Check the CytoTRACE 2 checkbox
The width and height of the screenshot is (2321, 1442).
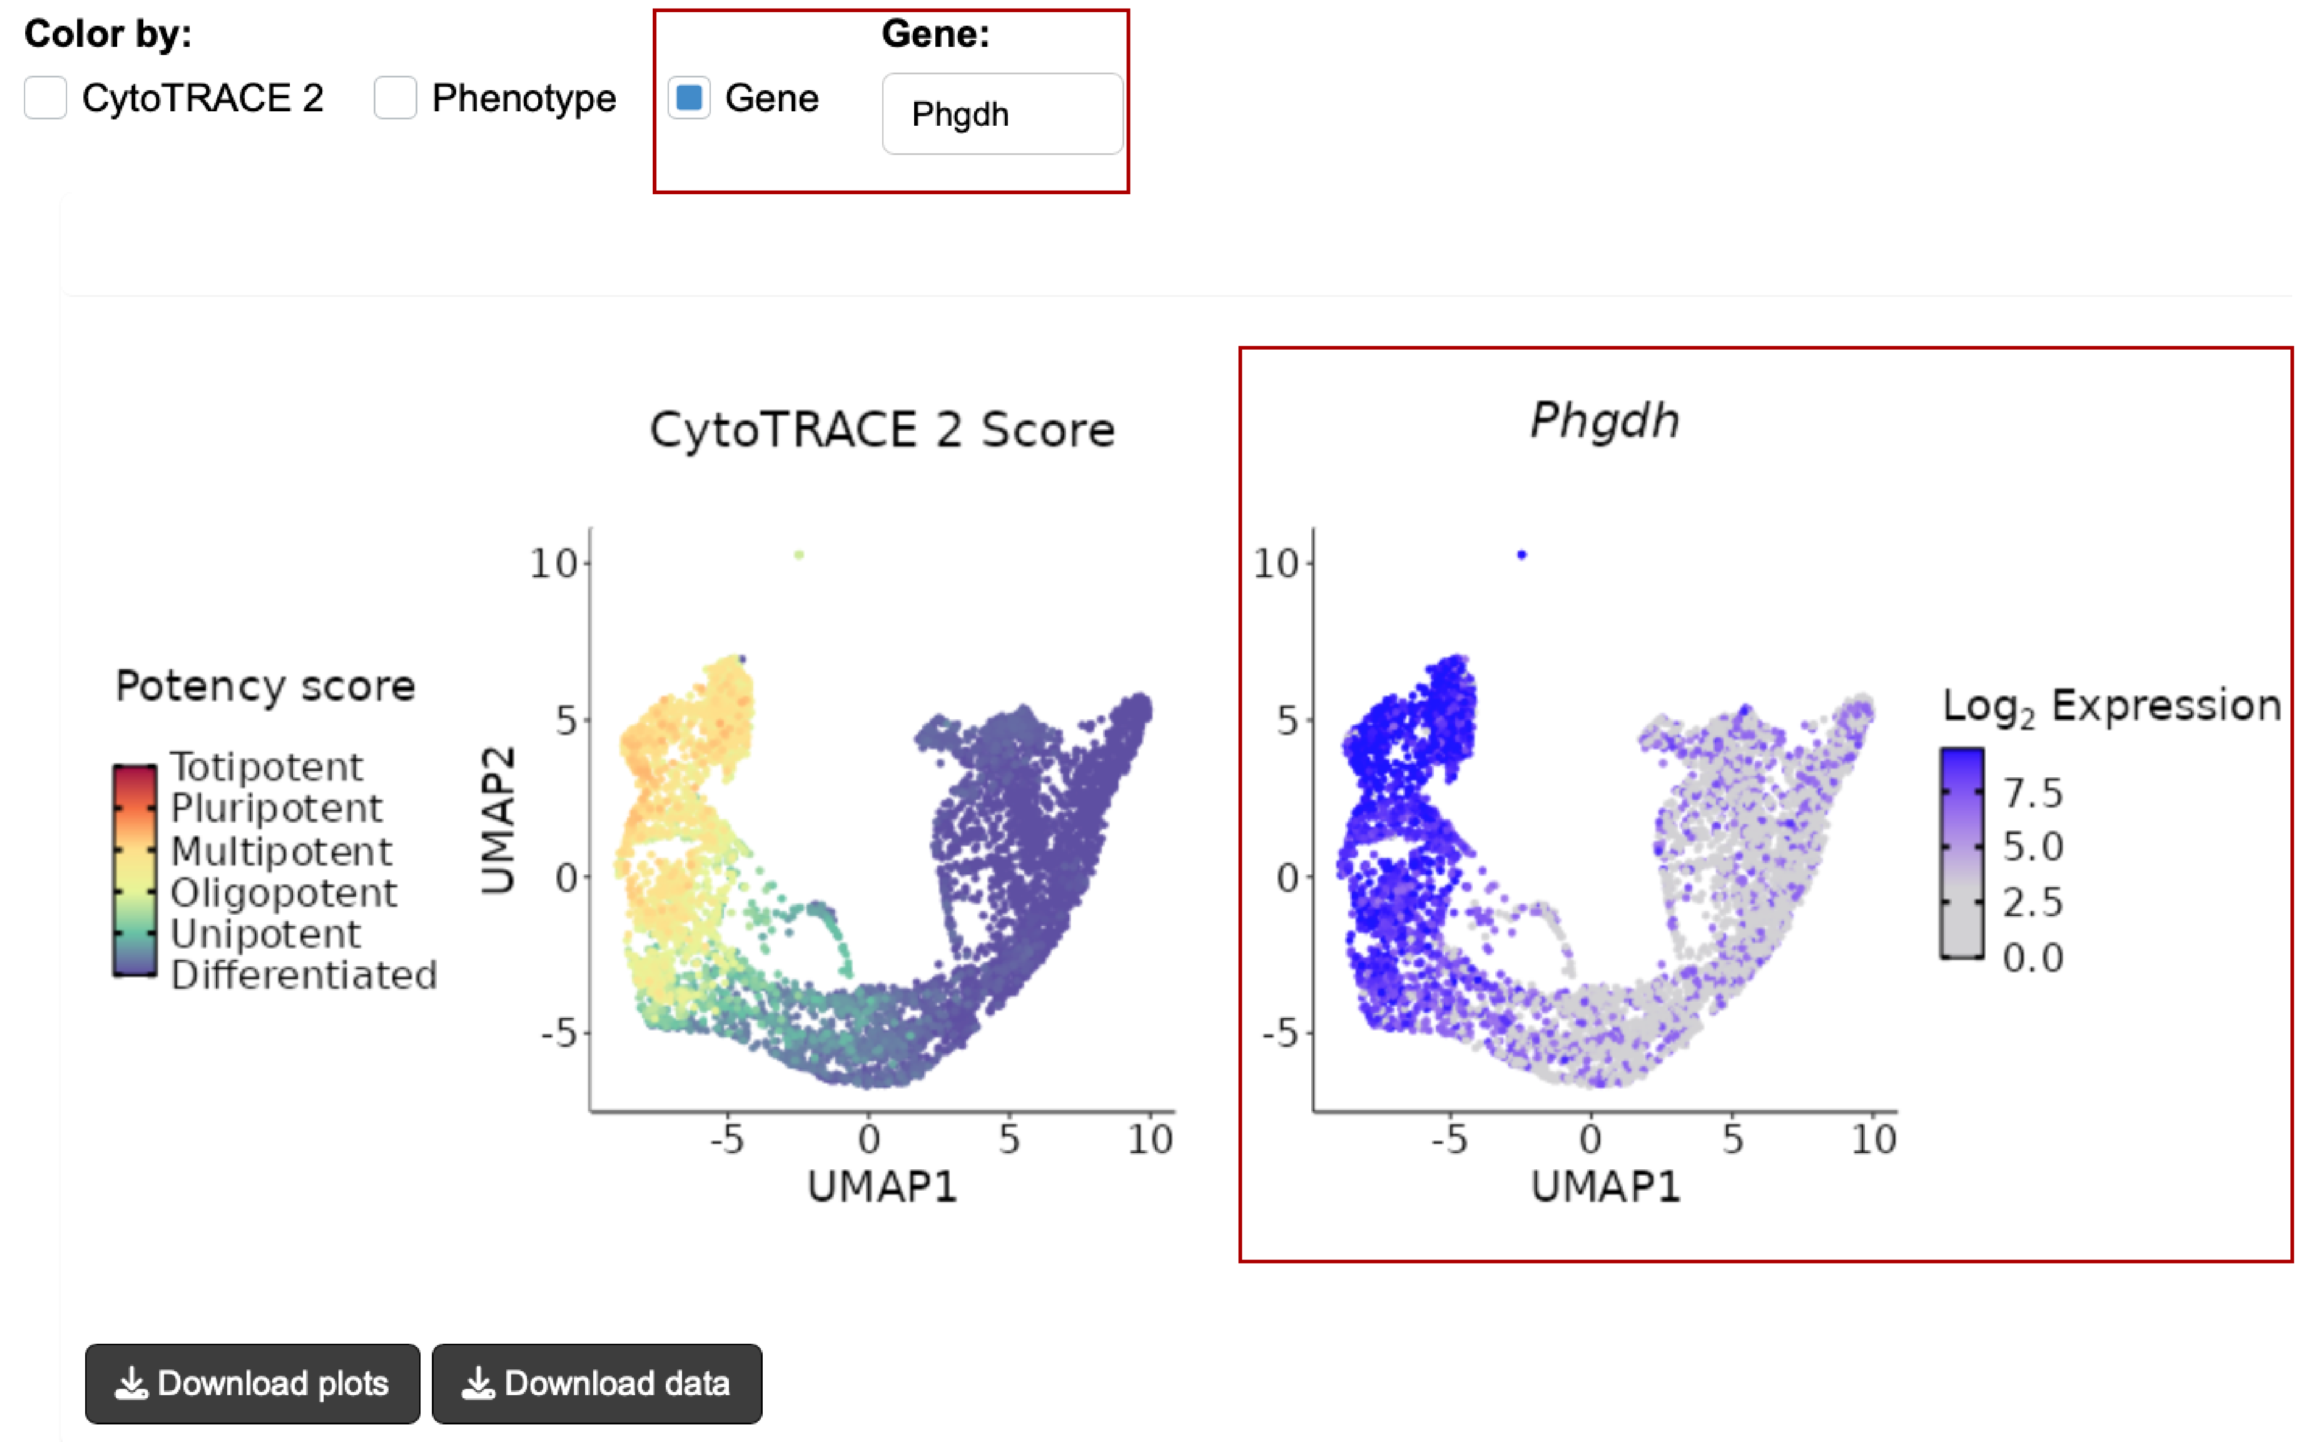[46, 98]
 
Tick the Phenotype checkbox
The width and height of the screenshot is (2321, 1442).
[395, 98]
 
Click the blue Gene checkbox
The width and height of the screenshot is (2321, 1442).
[689, 98]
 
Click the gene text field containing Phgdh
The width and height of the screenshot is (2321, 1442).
[1002, 114]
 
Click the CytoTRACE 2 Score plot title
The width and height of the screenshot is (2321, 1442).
[883, 430]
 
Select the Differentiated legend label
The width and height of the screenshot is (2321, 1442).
[303, 975]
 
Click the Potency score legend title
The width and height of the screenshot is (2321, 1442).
[265, 686]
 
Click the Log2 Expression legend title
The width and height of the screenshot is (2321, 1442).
[2111, 707]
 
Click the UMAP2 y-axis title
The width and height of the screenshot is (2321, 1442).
[498, 820]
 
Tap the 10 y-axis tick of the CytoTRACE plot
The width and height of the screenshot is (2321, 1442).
[553, 565]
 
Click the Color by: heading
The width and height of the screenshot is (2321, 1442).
[108, 34]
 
